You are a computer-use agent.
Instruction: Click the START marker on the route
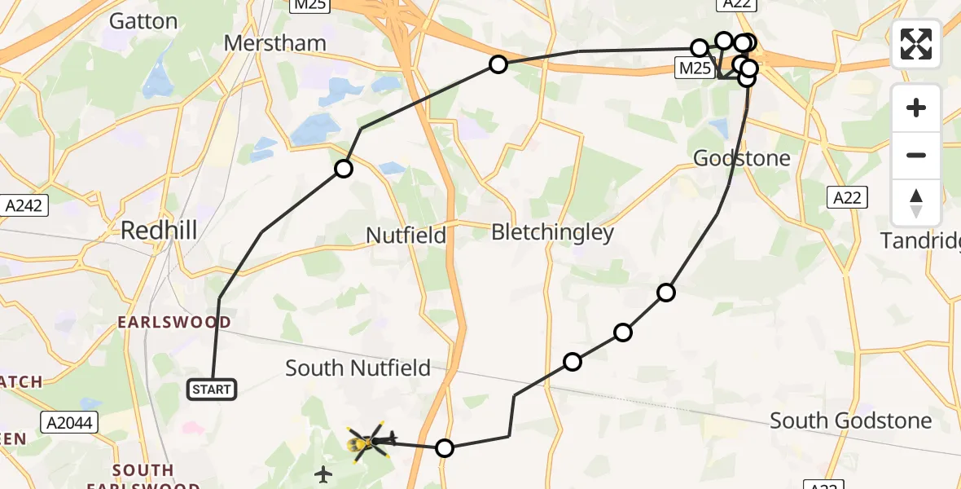point(212,390)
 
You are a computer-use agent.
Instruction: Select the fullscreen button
point(916,44)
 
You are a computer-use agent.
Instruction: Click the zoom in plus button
point(916,108)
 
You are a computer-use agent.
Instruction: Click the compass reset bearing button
point(916,203)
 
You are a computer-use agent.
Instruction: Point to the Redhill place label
point(159,230)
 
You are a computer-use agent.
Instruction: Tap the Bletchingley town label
point(552,233)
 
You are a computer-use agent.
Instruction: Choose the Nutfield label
point(406,236)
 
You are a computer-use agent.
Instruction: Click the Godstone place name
point(741,158)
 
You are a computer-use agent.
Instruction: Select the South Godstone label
point(850,421)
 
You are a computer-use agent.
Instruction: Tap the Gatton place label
point(143,21)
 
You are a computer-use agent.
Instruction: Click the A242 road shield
point(24,205)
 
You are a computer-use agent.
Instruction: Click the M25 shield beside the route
point(695,68)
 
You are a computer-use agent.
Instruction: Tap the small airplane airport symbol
point(324,474)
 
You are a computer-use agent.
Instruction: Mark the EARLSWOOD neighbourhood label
point(173,323)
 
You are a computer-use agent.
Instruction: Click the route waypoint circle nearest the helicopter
point(444,447)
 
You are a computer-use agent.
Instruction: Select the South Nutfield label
point(358,368)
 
